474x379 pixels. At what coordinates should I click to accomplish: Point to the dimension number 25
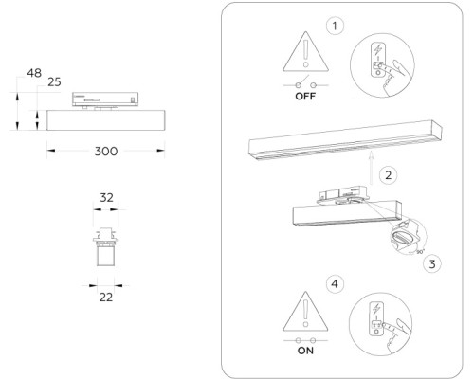click(x=54, y=83)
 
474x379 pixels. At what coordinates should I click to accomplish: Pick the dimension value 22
click(x=106, y=297)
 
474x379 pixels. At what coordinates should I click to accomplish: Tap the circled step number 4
click(x=334, y=282)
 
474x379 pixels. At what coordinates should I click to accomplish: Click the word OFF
click(x=305, y=97)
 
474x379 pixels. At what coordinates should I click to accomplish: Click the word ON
click(x=305, y=350)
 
